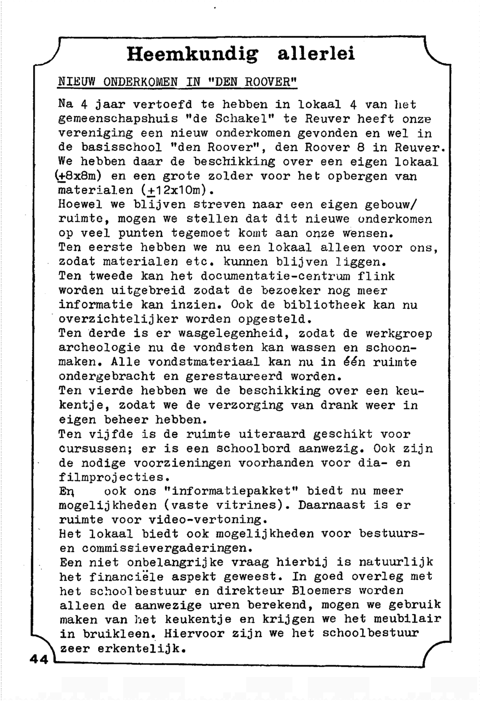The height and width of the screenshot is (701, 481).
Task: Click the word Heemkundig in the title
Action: coord(192,54)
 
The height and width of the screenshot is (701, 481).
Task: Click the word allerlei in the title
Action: coord(316,53)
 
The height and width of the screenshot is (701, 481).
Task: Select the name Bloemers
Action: coord(320,591)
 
